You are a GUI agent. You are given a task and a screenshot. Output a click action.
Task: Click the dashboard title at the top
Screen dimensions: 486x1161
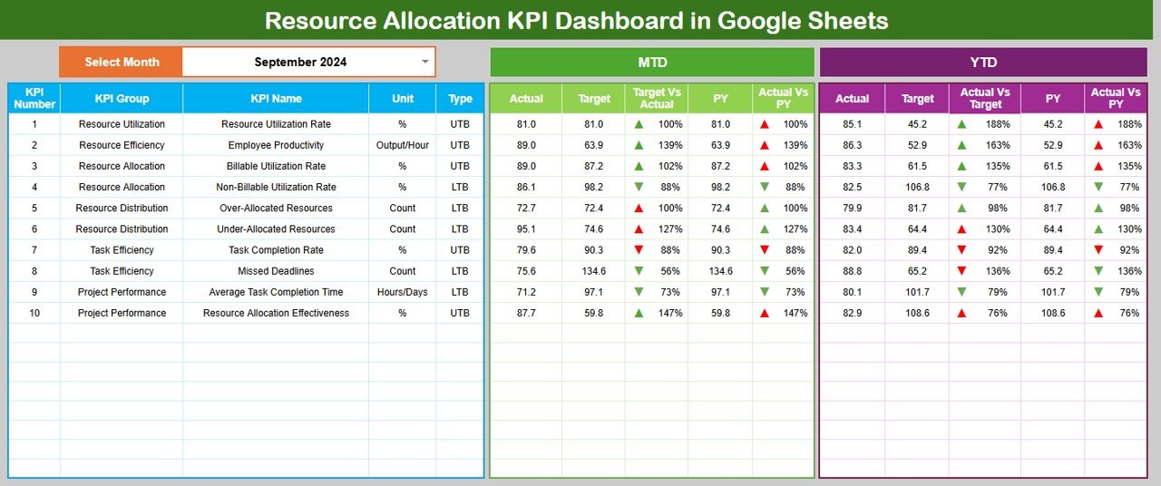pos(576,20)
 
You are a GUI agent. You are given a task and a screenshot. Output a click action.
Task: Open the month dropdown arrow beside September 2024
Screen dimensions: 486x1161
pos(425,62)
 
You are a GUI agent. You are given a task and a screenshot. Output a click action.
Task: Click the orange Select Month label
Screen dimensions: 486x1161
pos(122,62)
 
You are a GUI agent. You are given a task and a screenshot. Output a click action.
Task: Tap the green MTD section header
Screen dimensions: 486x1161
pos(651,62)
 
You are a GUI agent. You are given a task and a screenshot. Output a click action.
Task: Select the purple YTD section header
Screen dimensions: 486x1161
pos(983,62)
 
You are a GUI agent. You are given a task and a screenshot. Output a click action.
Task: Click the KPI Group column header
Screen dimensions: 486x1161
pos(122,98)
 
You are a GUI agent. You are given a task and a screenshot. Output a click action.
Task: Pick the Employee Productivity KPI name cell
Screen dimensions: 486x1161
pos(276,145)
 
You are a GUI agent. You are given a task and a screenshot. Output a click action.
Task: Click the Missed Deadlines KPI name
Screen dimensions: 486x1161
pos(276,271)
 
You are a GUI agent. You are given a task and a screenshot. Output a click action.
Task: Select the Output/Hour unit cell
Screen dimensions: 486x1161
pos(403,145)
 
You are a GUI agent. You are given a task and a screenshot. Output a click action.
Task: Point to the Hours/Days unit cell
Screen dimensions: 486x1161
pos(403,292)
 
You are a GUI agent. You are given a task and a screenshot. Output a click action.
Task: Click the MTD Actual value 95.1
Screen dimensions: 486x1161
pos(526,229)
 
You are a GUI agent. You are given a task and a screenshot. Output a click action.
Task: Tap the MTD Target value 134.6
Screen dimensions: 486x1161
pos(593,271)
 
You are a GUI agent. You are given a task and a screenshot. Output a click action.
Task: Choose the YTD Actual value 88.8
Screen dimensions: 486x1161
pos(852,271)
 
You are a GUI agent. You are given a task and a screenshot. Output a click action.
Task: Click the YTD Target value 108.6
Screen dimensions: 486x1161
pos(917,313)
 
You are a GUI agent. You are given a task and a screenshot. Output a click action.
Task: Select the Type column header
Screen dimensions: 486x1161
pos(460,98)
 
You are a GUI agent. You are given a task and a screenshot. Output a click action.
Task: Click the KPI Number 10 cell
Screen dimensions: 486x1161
pos(34,313)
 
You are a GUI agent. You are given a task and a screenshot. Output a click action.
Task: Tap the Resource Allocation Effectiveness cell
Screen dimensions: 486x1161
pos(276,313)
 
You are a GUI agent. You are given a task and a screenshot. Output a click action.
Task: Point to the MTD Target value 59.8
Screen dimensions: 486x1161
pos(593,313)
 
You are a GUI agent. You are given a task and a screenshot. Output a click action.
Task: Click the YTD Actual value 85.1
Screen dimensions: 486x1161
pos(852,124)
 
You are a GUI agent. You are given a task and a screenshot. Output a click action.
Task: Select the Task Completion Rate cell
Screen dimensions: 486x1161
pos(276,250)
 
